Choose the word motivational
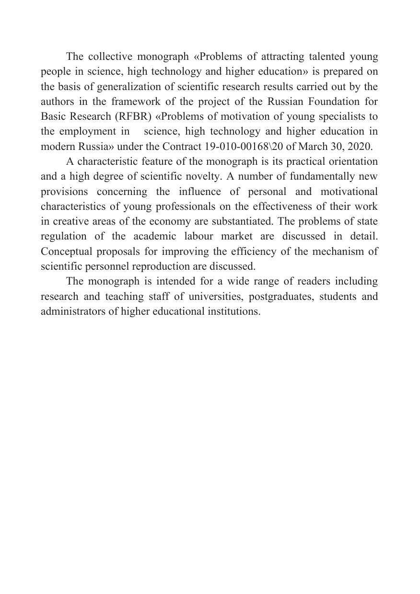[349, 192]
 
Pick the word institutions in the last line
[234, 311]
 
